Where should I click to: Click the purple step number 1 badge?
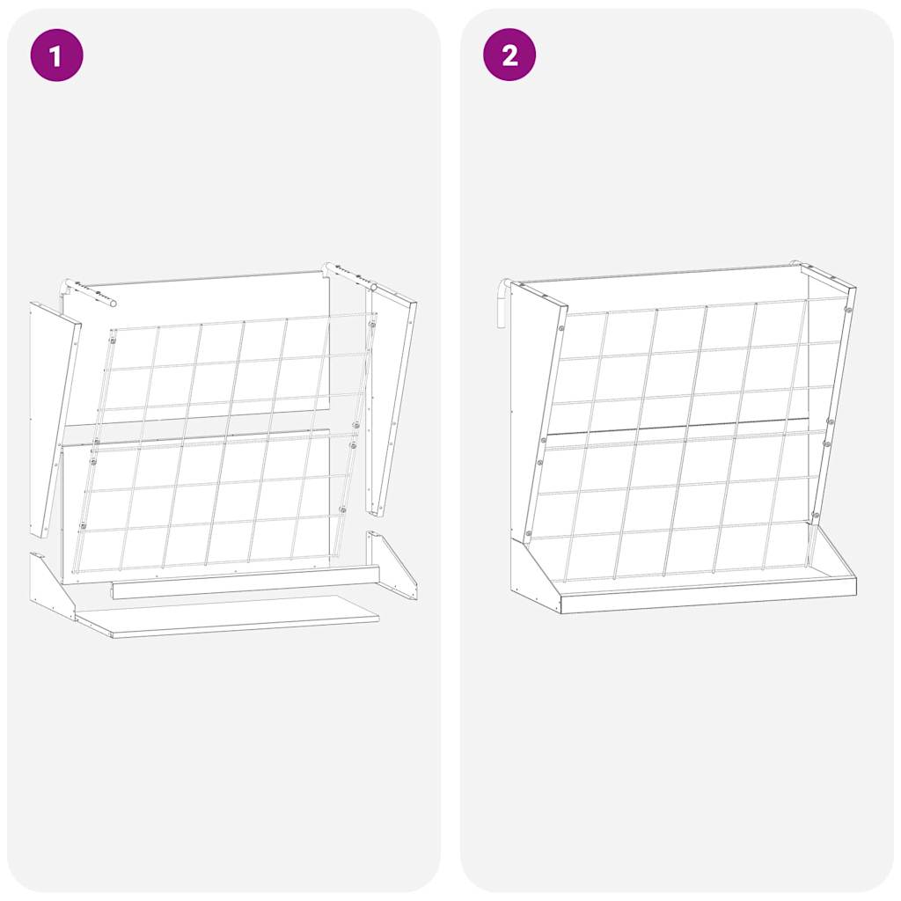pyautogui.click(x=56, y=55)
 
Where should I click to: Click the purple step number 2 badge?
pyautogui.click(x=509, y=55)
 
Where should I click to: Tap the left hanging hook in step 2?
pyautogui.click(x=502, y=304)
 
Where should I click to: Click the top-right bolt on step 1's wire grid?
pyautogui.click(x=371, y=325)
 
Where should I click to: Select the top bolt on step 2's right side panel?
pyautogui.click(x=846, y=310)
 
